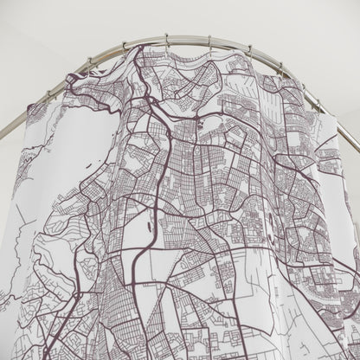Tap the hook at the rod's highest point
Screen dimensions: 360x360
tap(165, 39)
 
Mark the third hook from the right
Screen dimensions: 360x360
tap(250, 52)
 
